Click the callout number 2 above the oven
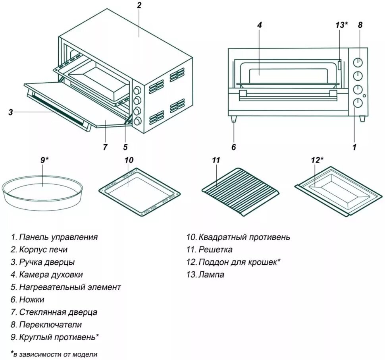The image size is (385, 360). [x=139, y=5]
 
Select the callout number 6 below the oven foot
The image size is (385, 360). [x=233, y=147]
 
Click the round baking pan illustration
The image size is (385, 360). [x=42, y=191]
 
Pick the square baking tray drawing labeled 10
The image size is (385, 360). [x=139, y=190]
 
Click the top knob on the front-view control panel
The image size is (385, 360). [x=358, y=63]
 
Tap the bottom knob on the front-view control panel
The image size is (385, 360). [x=358, y=103]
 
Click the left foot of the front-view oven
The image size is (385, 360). [x=234, y=119]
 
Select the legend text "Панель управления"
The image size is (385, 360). [x=58, y=237]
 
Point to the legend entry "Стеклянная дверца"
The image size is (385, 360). [x=58, y=312]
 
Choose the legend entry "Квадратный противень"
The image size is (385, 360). [x=244, y=237]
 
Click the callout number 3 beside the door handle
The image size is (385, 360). [x=11, y=112]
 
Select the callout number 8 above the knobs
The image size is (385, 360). [x=360, y=25]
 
